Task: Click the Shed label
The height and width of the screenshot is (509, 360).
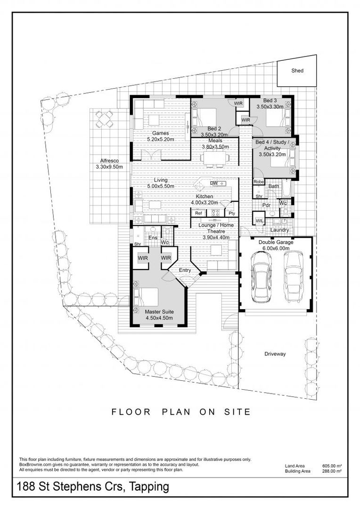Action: point(297,71)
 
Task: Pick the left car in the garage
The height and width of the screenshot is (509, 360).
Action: point(260,277)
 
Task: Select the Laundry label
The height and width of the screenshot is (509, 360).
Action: point(279,230)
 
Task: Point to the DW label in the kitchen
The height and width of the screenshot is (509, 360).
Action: point(213,183)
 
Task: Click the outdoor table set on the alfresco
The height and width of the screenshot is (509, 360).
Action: point(104,120)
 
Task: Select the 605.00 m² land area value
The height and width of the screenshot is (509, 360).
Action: point(331,466)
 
